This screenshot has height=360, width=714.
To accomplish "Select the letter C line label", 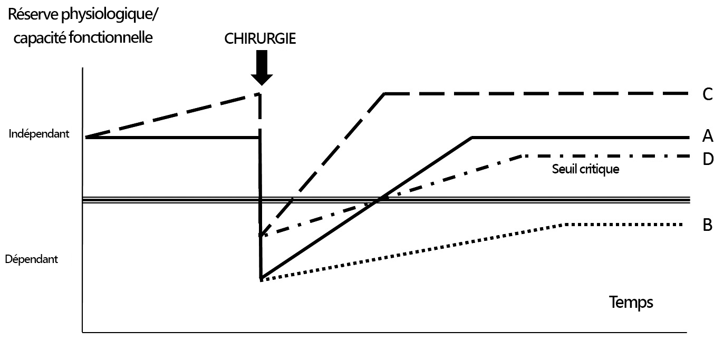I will coord(707,94).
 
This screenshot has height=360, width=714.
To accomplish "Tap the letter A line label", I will coord(707,137).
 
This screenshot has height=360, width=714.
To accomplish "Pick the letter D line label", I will coord(708,158).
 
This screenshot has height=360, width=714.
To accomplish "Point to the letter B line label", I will coord(707,225).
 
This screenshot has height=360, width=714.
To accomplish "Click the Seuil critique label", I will coord(585,170).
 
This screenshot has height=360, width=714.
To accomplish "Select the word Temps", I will coord(631,302).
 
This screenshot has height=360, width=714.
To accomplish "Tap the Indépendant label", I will coord(39,134).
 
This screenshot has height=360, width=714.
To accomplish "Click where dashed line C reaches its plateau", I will coord(385,94).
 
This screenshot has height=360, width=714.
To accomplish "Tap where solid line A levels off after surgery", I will coord(472,138).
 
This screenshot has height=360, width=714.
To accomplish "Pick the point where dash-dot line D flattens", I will coord(522,156).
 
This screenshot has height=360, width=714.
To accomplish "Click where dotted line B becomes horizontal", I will coord(565,225).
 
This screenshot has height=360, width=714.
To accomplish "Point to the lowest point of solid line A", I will coord(261,277).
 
